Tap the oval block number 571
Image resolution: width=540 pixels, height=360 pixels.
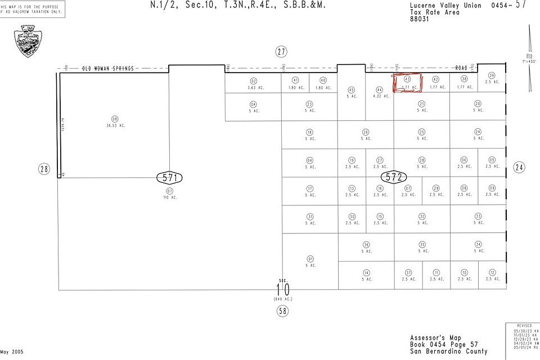[169, 178]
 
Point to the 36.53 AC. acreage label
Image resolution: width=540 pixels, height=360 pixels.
[115, 125]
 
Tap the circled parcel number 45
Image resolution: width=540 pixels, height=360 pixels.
[352, 89]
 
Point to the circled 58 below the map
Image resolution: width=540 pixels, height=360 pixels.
[282, 310]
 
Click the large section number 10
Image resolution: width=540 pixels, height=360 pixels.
[282, 289]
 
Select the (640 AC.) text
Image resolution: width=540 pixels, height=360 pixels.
[282, 299]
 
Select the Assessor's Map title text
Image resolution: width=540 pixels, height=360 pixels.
[436, 337]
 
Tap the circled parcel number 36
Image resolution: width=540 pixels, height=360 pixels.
[366, 245]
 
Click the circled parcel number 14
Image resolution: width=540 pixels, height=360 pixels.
[366, 272]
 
